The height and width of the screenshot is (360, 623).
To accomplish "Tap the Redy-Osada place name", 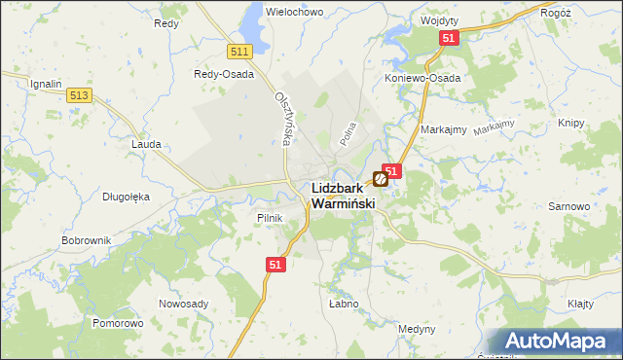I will (224, 74).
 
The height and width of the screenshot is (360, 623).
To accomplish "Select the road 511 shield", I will (238, 51).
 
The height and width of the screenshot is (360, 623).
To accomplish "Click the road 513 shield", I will (80, 94).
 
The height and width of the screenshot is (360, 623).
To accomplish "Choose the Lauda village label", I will (146, 143).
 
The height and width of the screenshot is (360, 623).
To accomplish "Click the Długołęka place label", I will (127, 196).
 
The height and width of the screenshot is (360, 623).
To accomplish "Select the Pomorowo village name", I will (118, 322).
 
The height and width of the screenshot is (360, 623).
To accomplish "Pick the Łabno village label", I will (344, 304).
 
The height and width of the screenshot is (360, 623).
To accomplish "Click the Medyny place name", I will (417, 329).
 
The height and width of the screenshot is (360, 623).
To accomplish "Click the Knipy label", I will (571, 123).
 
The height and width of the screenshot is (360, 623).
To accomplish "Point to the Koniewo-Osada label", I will (422, 78).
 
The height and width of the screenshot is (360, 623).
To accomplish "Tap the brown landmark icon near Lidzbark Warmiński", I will (381, 179).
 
